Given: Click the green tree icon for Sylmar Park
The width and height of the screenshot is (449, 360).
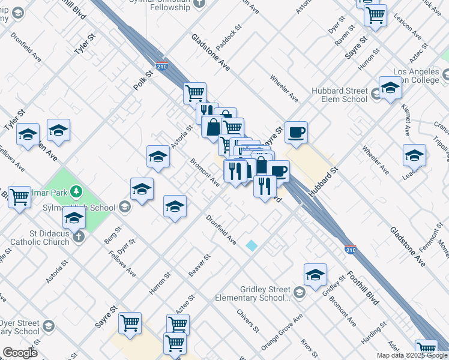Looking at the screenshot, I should [x=76, y=191].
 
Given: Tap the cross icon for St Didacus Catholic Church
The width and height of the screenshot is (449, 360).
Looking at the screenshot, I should [x=78, y=237].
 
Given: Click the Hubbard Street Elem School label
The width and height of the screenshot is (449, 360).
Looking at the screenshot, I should [x=339, y=95].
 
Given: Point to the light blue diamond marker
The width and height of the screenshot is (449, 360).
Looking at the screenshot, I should [x=252, y=245].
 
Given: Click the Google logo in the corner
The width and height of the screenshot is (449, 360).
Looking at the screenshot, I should [x=19, y=353].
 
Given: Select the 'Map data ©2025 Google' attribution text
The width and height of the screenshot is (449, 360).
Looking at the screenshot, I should [x=412, y=355].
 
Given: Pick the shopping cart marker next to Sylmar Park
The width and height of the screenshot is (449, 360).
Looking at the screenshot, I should [x=19, y=196].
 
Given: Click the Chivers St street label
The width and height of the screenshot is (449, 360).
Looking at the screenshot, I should [x=247, y=321].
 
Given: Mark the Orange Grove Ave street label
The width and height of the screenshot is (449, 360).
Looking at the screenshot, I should [x=282, y=333].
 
